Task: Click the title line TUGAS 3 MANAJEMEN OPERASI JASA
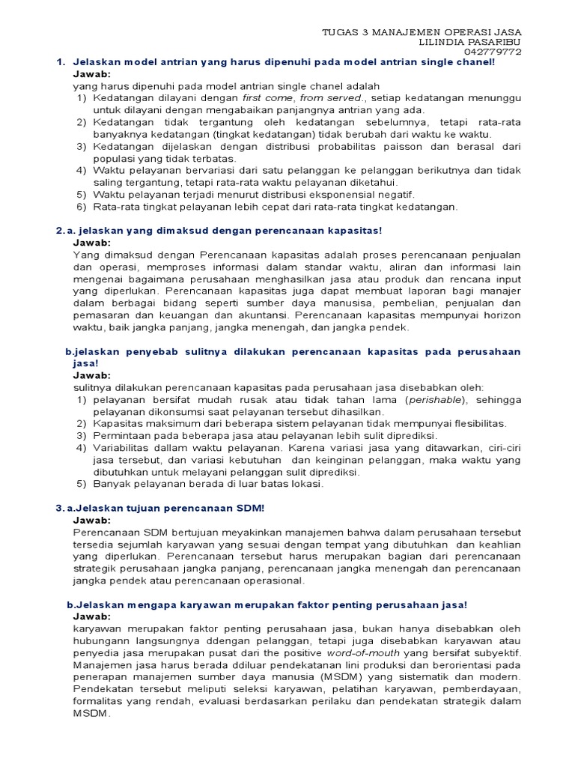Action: [x=421, y=32]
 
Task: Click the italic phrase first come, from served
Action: [x=302, y=97]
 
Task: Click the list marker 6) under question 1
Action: [x=80, y=207]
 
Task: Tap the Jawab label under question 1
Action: [x=91, y=75]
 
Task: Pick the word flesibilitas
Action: [x=475, y=424]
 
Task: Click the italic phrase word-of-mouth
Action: [x=365, y=652]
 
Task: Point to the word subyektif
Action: [x=494, y=652]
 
